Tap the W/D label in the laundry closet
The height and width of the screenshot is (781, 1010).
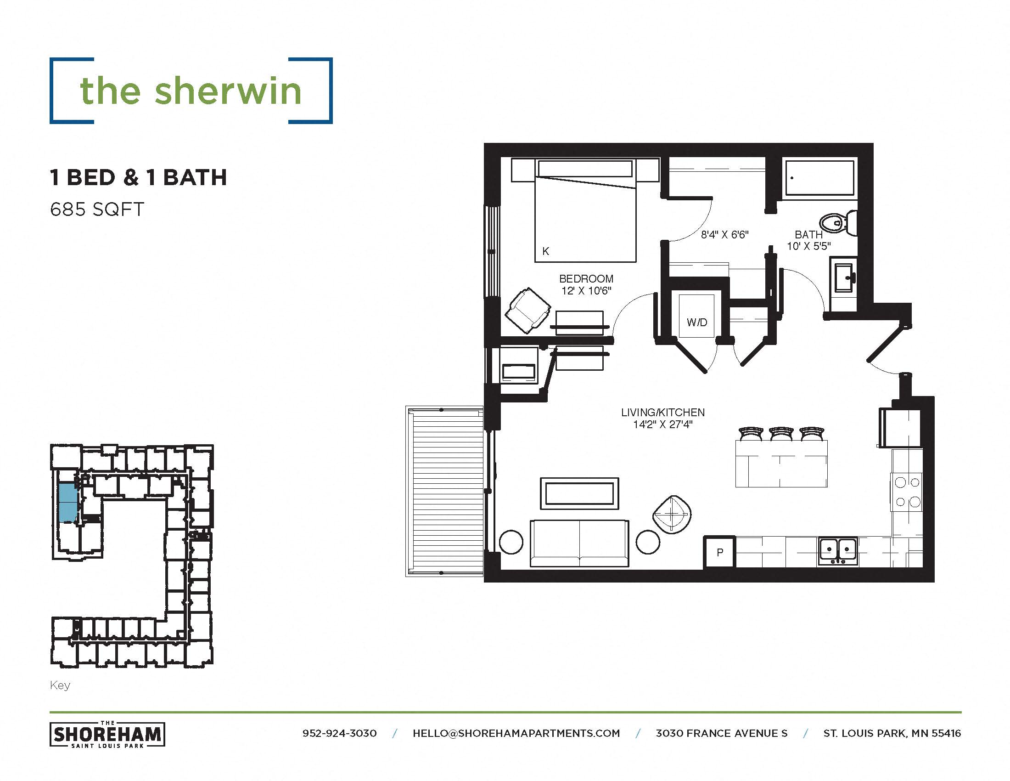pos(697,322)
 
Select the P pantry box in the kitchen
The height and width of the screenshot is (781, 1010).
pos(719,552)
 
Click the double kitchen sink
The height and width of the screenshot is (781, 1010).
pos(837,550)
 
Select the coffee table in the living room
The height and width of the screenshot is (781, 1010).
pos(579,494)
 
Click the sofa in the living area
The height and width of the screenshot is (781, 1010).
pos(579,543)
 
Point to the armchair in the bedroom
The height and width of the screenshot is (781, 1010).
pos(527,310)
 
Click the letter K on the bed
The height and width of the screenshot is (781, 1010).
pos(546,251)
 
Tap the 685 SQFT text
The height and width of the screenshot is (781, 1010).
pos(97,209)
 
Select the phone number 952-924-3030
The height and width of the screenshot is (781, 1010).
pos(339,733)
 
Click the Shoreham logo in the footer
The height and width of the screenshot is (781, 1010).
pos(107,734)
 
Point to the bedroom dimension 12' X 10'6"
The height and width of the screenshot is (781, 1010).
pos(586,290)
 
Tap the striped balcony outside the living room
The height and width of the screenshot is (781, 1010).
pos(444,492)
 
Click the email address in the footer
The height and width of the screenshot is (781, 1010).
pos(516,733)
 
